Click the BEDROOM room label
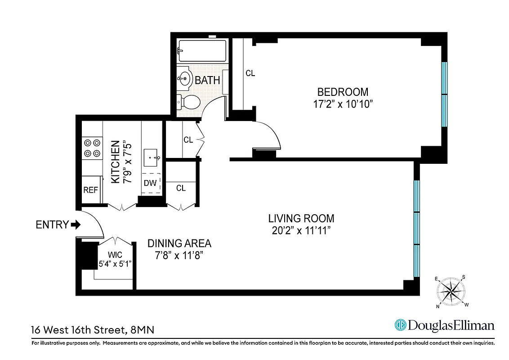pos(343,92)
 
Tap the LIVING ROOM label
pos(301,219)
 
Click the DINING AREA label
pos(179,243)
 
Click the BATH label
pos(207,81)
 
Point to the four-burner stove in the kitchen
pos(92,148)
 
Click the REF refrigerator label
pos(90,190)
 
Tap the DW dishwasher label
pos(150,183)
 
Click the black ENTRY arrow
pos(76,225)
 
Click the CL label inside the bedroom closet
pos(250,73)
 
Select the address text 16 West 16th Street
pos(77,330)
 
